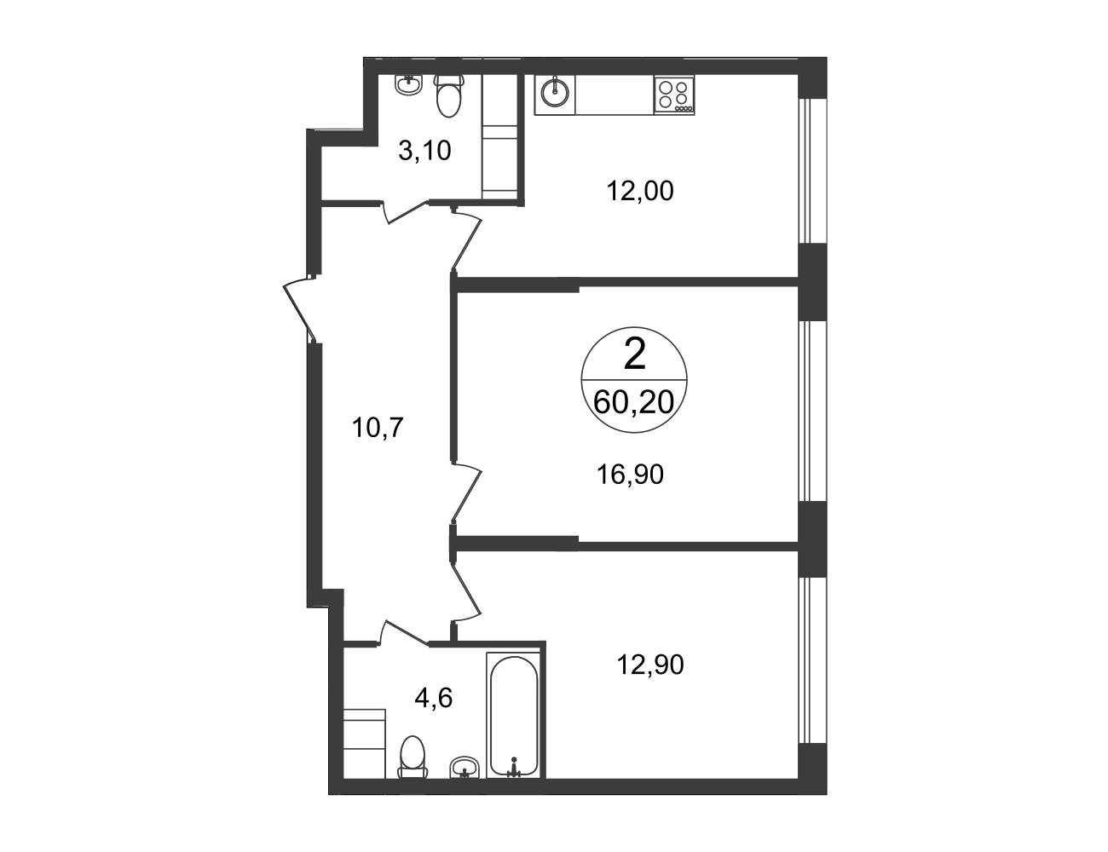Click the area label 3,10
(424, 151)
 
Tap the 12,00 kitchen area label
(640, 192)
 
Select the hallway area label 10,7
(378, 428)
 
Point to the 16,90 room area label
(630, 475)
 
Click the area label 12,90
(650, 665)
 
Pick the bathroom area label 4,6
(434, 698)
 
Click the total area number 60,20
(634, 403)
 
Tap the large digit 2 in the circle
(635, 354)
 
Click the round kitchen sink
(555, 95)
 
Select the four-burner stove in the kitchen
(674, 95)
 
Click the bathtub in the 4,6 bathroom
(513, 723)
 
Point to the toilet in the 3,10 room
(449, 97)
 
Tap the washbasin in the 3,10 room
(409, 84)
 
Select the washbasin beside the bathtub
(465, 781)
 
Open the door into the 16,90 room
(466, 492)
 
